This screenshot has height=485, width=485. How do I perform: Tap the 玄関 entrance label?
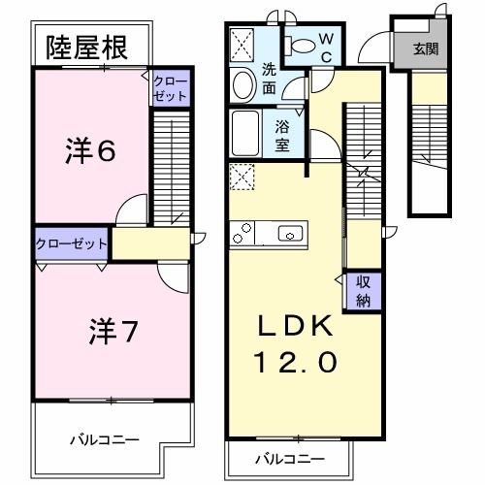coord(424,48)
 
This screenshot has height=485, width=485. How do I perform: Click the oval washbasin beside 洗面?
coord(243,85)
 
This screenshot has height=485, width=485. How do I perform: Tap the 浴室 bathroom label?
coord(284,133)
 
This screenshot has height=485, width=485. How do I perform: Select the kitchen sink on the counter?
coord(290,234)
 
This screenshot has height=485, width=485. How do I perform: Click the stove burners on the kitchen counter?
coord(242,234)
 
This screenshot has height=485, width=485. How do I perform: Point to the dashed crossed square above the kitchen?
coord(240,176)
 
